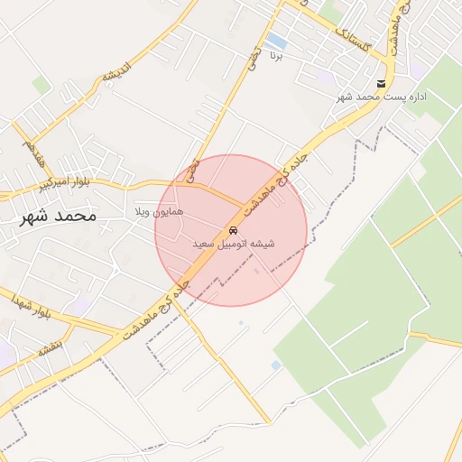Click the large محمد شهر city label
tap(56, 217)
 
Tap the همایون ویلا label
tap(159, 211)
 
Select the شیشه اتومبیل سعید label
tap(234, 244)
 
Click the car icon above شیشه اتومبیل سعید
tap(234, 230)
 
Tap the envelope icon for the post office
tap(383, 84)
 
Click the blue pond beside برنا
tap(277, 42)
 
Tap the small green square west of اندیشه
tap(42, 85)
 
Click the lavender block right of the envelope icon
tap(418, 71)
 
